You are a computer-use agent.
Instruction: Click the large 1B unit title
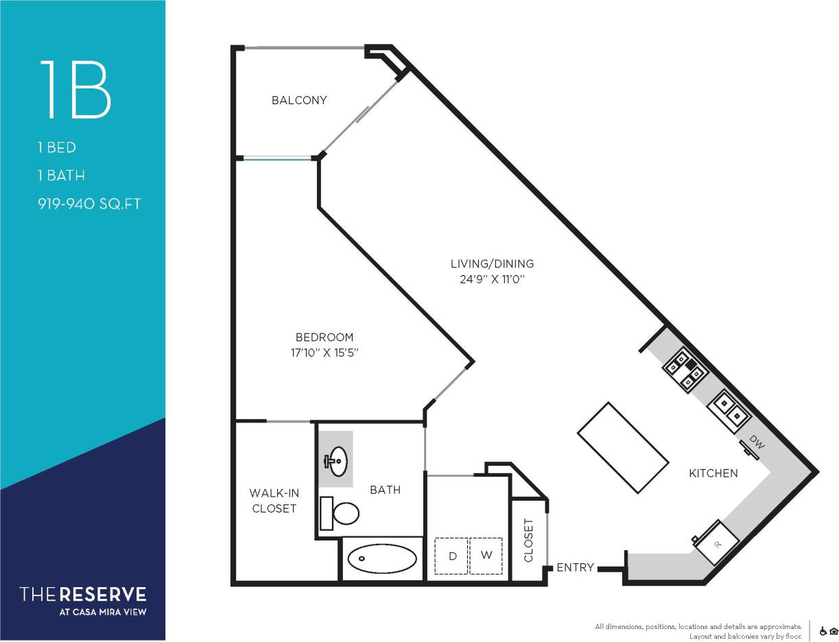[x=75, y=90]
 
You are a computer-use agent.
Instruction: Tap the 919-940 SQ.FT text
[x=90, y=204]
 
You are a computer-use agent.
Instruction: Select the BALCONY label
[x=299, y=100]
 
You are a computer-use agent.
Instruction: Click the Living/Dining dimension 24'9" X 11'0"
[x=492, y=279]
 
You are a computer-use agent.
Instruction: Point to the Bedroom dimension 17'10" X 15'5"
[x=325, y=353]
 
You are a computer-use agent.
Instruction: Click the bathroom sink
[x=335, y=460]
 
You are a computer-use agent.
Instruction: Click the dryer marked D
[x=452, y=556]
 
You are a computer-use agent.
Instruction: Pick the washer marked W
[x=486, y=556]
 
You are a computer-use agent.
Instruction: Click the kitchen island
[x=623, y=447]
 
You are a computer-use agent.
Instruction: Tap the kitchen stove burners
[x=685, y=369]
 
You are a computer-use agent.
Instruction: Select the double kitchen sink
[x=729, y=408]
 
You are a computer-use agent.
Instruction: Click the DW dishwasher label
[x=756, y=444]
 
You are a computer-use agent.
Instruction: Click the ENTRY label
[x=575, y=567]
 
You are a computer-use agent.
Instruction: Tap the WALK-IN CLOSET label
[x=274, y=501]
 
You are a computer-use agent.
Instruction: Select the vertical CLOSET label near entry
[x=528, y=540]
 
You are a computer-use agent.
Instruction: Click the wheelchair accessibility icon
[x=823, y=631]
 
